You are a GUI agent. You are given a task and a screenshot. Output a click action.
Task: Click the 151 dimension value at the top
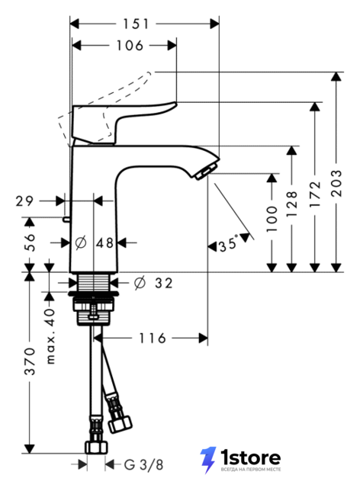pos(136,24)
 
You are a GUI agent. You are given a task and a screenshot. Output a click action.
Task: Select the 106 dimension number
pos(130,46)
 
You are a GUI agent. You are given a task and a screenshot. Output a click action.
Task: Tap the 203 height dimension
pos(336,183)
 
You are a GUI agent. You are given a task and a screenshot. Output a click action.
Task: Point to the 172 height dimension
pos(315,194)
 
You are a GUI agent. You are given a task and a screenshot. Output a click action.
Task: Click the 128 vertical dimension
pos(291,204)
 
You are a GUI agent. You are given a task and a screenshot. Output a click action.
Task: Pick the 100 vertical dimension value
pos(272,219)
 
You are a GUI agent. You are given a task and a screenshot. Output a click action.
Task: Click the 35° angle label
pos(228,243)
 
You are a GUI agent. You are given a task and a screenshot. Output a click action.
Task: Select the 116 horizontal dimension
pos(153,338)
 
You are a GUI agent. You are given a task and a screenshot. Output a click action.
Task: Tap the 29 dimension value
pos(24,201)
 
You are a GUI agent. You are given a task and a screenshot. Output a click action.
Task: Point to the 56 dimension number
pos(29,242)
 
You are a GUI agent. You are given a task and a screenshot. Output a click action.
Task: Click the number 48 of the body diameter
pos(104,242)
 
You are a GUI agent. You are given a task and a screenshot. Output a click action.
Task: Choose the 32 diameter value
pos(164,283)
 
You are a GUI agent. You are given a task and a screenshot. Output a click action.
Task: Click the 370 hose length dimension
pos(31,361)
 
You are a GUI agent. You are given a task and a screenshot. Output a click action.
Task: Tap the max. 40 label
pos(50,336)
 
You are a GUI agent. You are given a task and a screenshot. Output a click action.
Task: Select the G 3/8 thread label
pos(143,465)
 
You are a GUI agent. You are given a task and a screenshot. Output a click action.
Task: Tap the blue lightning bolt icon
pos(208,461)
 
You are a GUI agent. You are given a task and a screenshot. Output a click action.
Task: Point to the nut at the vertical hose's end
pos(96,448)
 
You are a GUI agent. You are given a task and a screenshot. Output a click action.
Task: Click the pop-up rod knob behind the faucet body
pos(66,219)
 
